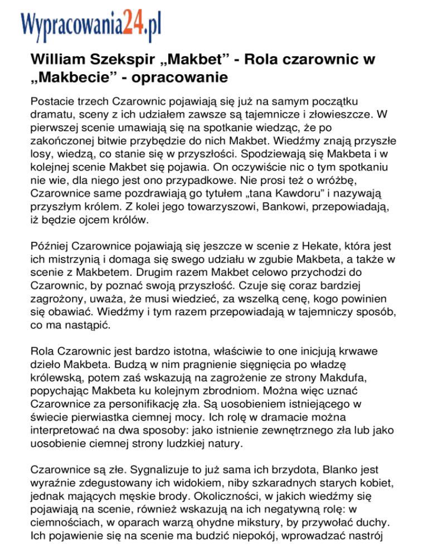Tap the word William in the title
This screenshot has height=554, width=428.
(56, 59)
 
